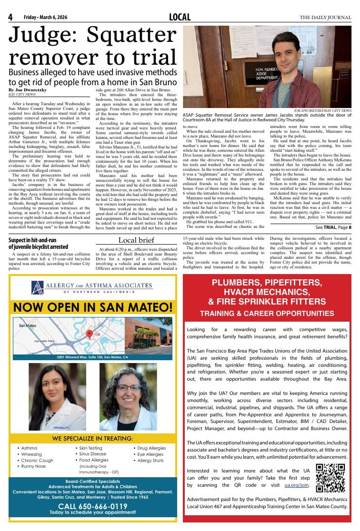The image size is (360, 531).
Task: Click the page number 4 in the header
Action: (x=10, y=18)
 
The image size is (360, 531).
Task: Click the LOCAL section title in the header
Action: (x=180, y=18)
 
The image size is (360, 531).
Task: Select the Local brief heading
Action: (x=136, y=240)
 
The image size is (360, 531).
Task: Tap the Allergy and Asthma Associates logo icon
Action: (x=38, y=287)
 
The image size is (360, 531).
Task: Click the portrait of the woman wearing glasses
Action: (x=128, y=396)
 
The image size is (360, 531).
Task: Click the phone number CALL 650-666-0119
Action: (x=92, y=506)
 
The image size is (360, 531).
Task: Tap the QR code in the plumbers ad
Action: (x=330, y=478)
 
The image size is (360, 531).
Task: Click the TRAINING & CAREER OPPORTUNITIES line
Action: (x=270, y=314)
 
